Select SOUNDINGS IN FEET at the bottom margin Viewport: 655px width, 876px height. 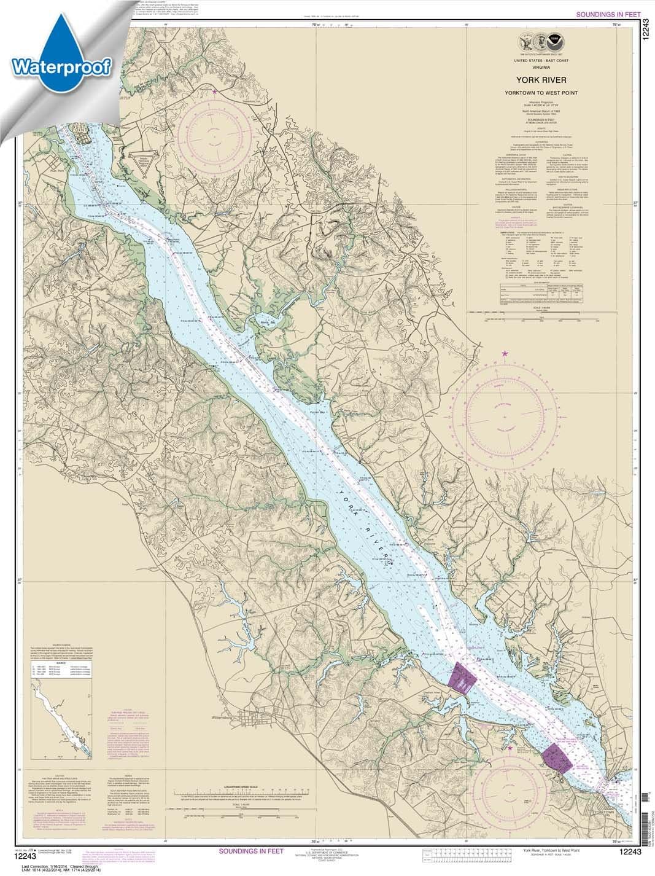250,851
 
